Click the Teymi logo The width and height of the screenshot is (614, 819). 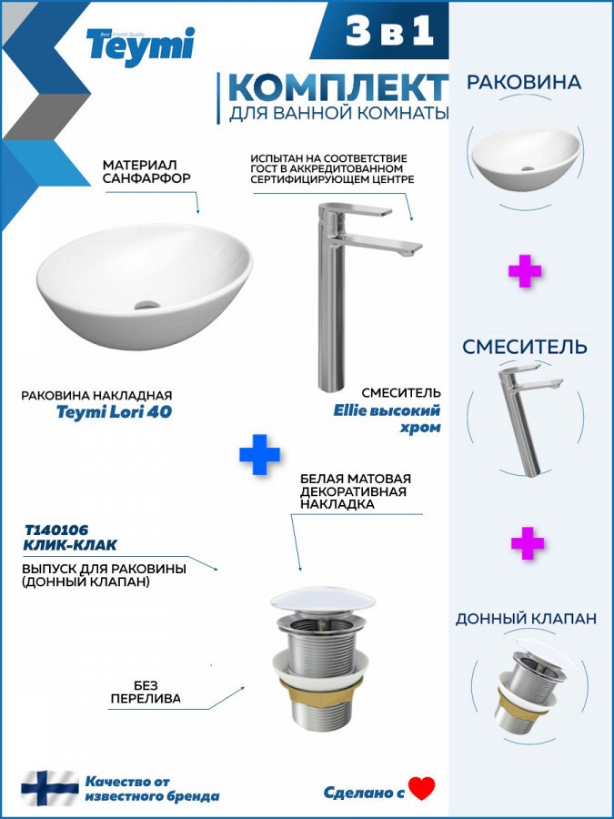click(140, 46)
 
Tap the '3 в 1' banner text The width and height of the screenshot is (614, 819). click(389, 31)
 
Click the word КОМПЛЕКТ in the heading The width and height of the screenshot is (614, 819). click(337, 87)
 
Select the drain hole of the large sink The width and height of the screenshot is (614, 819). click(146, 305)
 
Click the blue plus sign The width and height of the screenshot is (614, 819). click(259, 454)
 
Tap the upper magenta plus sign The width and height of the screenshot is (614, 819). click(525, 271)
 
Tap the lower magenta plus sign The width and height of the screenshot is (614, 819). click(528, 543)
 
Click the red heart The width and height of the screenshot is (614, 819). click(422, 789)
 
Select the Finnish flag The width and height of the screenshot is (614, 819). click(50, 788)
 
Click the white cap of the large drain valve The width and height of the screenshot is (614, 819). click(323, 601)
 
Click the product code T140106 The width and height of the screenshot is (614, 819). click(57, 531)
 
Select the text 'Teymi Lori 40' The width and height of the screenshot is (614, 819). click(114, 411)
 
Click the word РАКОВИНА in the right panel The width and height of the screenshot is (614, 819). click(524, 83)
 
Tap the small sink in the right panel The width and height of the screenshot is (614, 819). click(526, 158)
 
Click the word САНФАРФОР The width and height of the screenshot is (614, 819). click(146, 177)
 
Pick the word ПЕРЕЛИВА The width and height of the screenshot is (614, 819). click(146, 698)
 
